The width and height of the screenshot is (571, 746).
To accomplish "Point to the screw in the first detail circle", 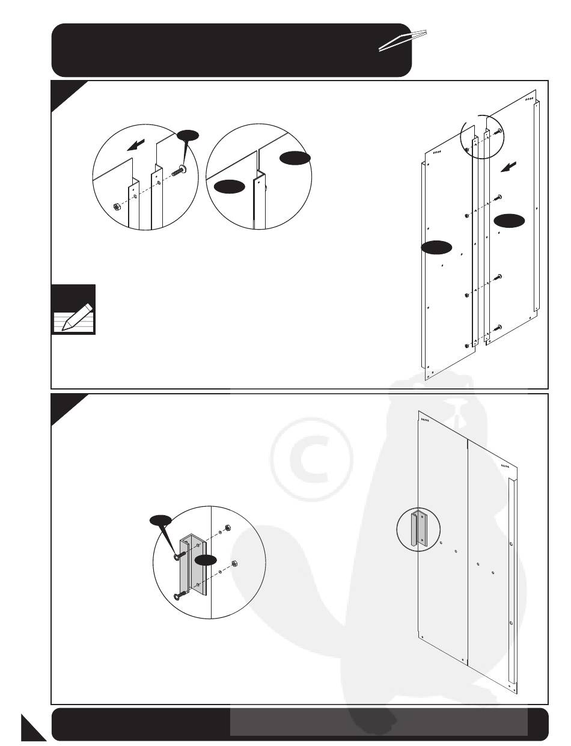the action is pos(178,170).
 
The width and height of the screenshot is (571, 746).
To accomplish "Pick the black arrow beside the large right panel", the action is pos(508,167).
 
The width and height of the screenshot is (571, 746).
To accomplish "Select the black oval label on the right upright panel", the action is pos(509,221).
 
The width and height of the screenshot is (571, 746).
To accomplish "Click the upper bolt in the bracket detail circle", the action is pos(177,556).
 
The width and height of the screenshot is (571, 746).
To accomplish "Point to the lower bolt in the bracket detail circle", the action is pos(179,596).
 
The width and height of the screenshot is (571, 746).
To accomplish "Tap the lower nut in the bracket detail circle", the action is pos(236,565).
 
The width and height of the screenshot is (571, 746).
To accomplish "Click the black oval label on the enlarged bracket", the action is pos(206,561).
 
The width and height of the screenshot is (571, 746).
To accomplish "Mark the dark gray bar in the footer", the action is pos(379,722).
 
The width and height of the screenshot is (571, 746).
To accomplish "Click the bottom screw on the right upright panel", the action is pos(499,328).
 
